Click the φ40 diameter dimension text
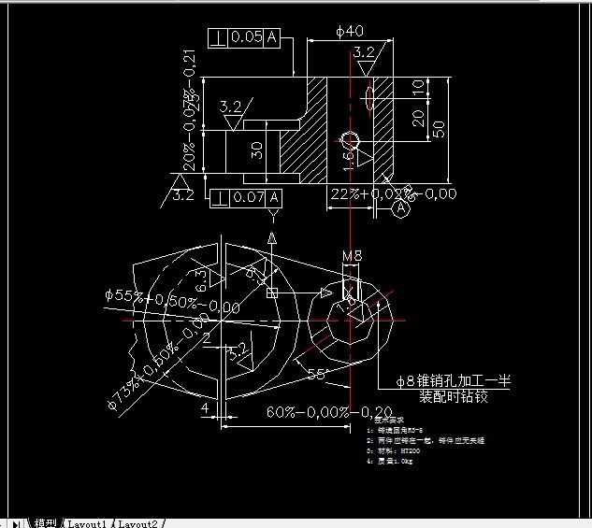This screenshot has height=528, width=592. coord(350,31)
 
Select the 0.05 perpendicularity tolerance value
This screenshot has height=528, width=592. coord(246,37)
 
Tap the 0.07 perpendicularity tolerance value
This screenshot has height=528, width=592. coord(248,197)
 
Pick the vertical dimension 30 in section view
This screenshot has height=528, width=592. coord(256,150)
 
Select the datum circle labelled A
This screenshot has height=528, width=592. coord(401,209)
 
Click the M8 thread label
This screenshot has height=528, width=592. coord(352,255)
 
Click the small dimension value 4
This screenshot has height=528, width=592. coord(204,407)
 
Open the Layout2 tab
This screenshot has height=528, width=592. coord(138,522)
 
